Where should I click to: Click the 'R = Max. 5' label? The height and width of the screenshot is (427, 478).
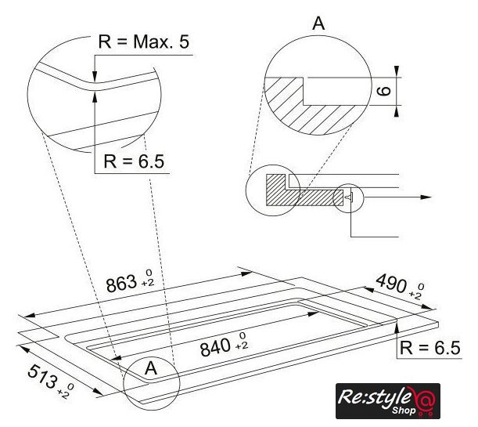[144, 42]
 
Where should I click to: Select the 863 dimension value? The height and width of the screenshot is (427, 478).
[121, 284]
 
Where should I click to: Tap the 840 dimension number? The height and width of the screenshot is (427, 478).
[215, 348]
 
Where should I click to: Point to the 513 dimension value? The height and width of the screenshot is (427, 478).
[42, 376]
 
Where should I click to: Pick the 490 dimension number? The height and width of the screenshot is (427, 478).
[391, 283]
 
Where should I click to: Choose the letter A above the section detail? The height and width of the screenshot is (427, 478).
[318, 24]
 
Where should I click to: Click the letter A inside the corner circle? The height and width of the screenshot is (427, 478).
[151, 368]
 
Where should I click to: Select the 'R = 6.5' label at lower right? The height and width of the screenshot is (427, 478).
[429, 348]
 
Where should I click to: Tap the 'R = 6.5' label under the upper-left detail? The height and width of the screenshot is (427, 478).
[134, 161]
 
